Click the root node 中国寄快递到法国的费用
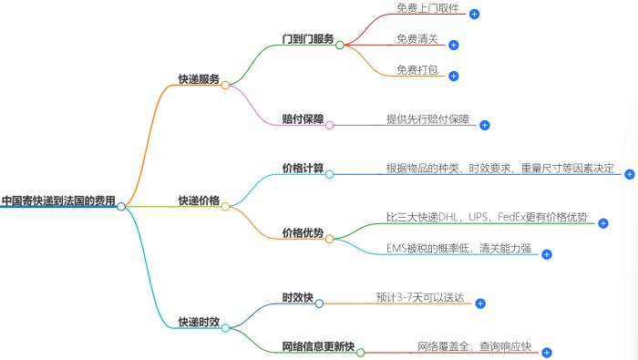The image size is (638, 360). click(x=58, y=200)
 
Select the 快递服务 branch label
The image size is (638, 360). click(x=198, y=79)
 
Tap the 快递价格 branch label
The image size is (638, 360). click(x=198, y=200)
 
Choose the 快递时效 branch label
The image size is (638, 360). click(x=198, y=321)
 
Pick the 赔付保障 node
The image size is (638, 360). click(x=304, y=118)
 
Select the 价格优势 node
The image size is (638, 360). click(x=303, y=232)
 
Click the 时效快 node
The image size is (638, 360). click(x=298, y=297)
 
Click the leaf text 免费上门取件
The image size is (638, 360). click(x=428, y=7)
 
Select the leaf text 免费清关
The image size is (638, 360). click(x=418, y=38)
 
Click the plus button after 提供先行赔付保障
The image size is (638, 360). click(x=485, y=125)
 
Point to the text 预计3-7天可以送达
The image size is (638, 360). click(x=420, y=297)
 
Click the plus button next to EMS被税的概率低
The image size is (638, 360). click(x=547, y=254)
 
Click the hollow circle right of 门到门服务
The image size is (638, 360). click(x=339, y=44)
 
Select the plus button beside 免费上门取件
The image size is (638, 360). click(x=474, y=14)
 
